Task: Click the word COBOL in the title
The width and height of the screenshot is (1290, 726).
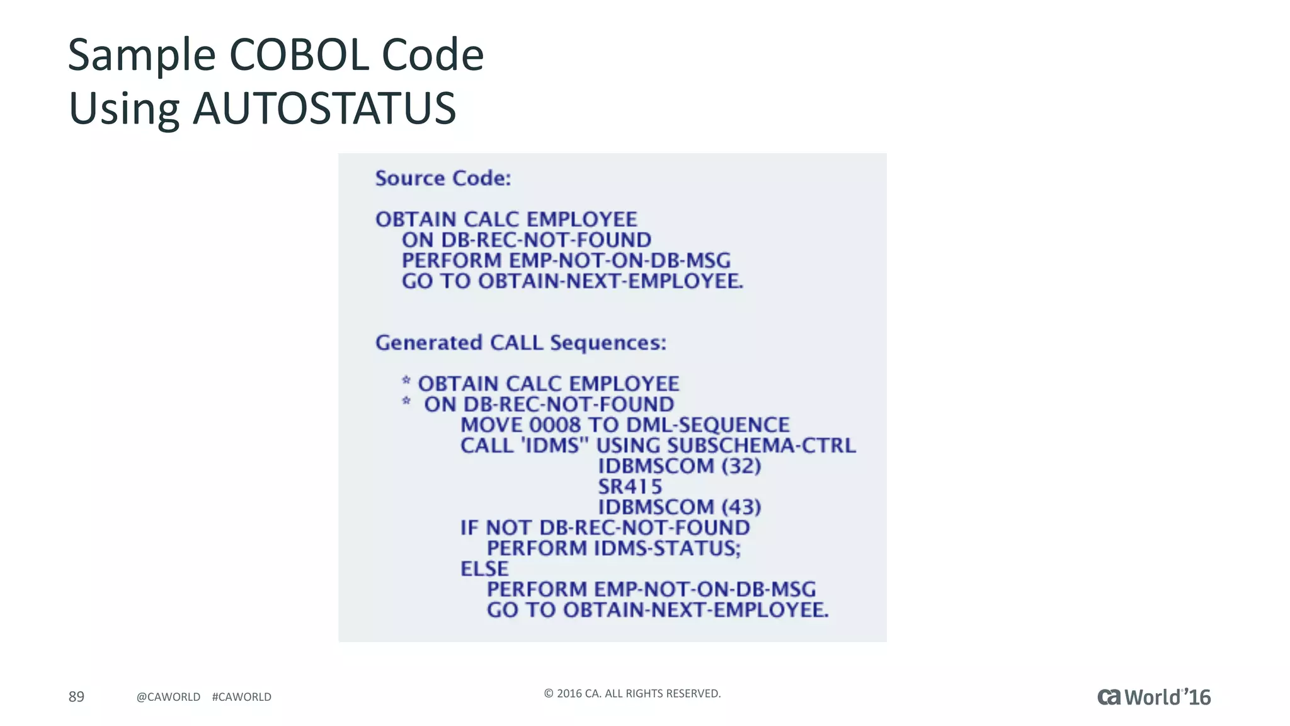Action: (299, 55)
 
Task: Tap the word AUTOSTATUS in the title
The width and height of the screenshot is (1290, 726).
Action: (324, 109)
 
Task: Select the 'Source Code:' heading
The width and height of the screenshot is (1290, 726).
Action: (443, 178)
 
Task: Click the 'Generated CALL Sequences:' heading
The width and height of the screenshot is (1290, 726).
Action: (520, 343)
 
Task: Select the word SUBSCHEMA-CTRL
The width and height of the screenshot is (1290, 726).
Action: (761, 446)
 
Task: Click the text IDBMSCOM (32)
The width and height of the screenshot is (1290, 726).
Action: (679, 466)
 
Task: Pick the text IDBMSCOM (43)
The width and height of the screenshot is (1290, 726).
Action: (679, 507)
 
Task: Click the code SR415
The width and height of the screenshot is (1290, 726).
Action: (629, 487)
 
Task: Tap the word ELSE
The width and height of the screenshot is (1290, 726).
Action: (484, 569)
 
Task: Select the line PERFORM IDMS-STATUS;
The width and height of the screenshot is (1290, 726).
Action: (614, 548)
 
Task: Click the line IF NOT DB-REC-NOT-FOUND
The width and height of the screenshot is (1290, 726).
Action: (605, 528)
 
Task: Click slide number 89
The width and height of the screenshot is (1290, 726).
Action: (76, 696)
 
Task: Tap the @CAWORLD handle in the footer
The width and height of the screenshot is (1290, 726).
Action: (168, 697)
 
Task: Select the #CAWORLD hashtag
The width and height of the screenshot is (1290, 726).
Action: (242, 697)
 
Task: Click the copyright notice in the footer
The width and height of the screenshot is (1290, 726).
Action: (632, 694)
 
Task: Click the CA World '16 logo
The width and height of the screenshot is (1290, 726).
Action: (1154, 697)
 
